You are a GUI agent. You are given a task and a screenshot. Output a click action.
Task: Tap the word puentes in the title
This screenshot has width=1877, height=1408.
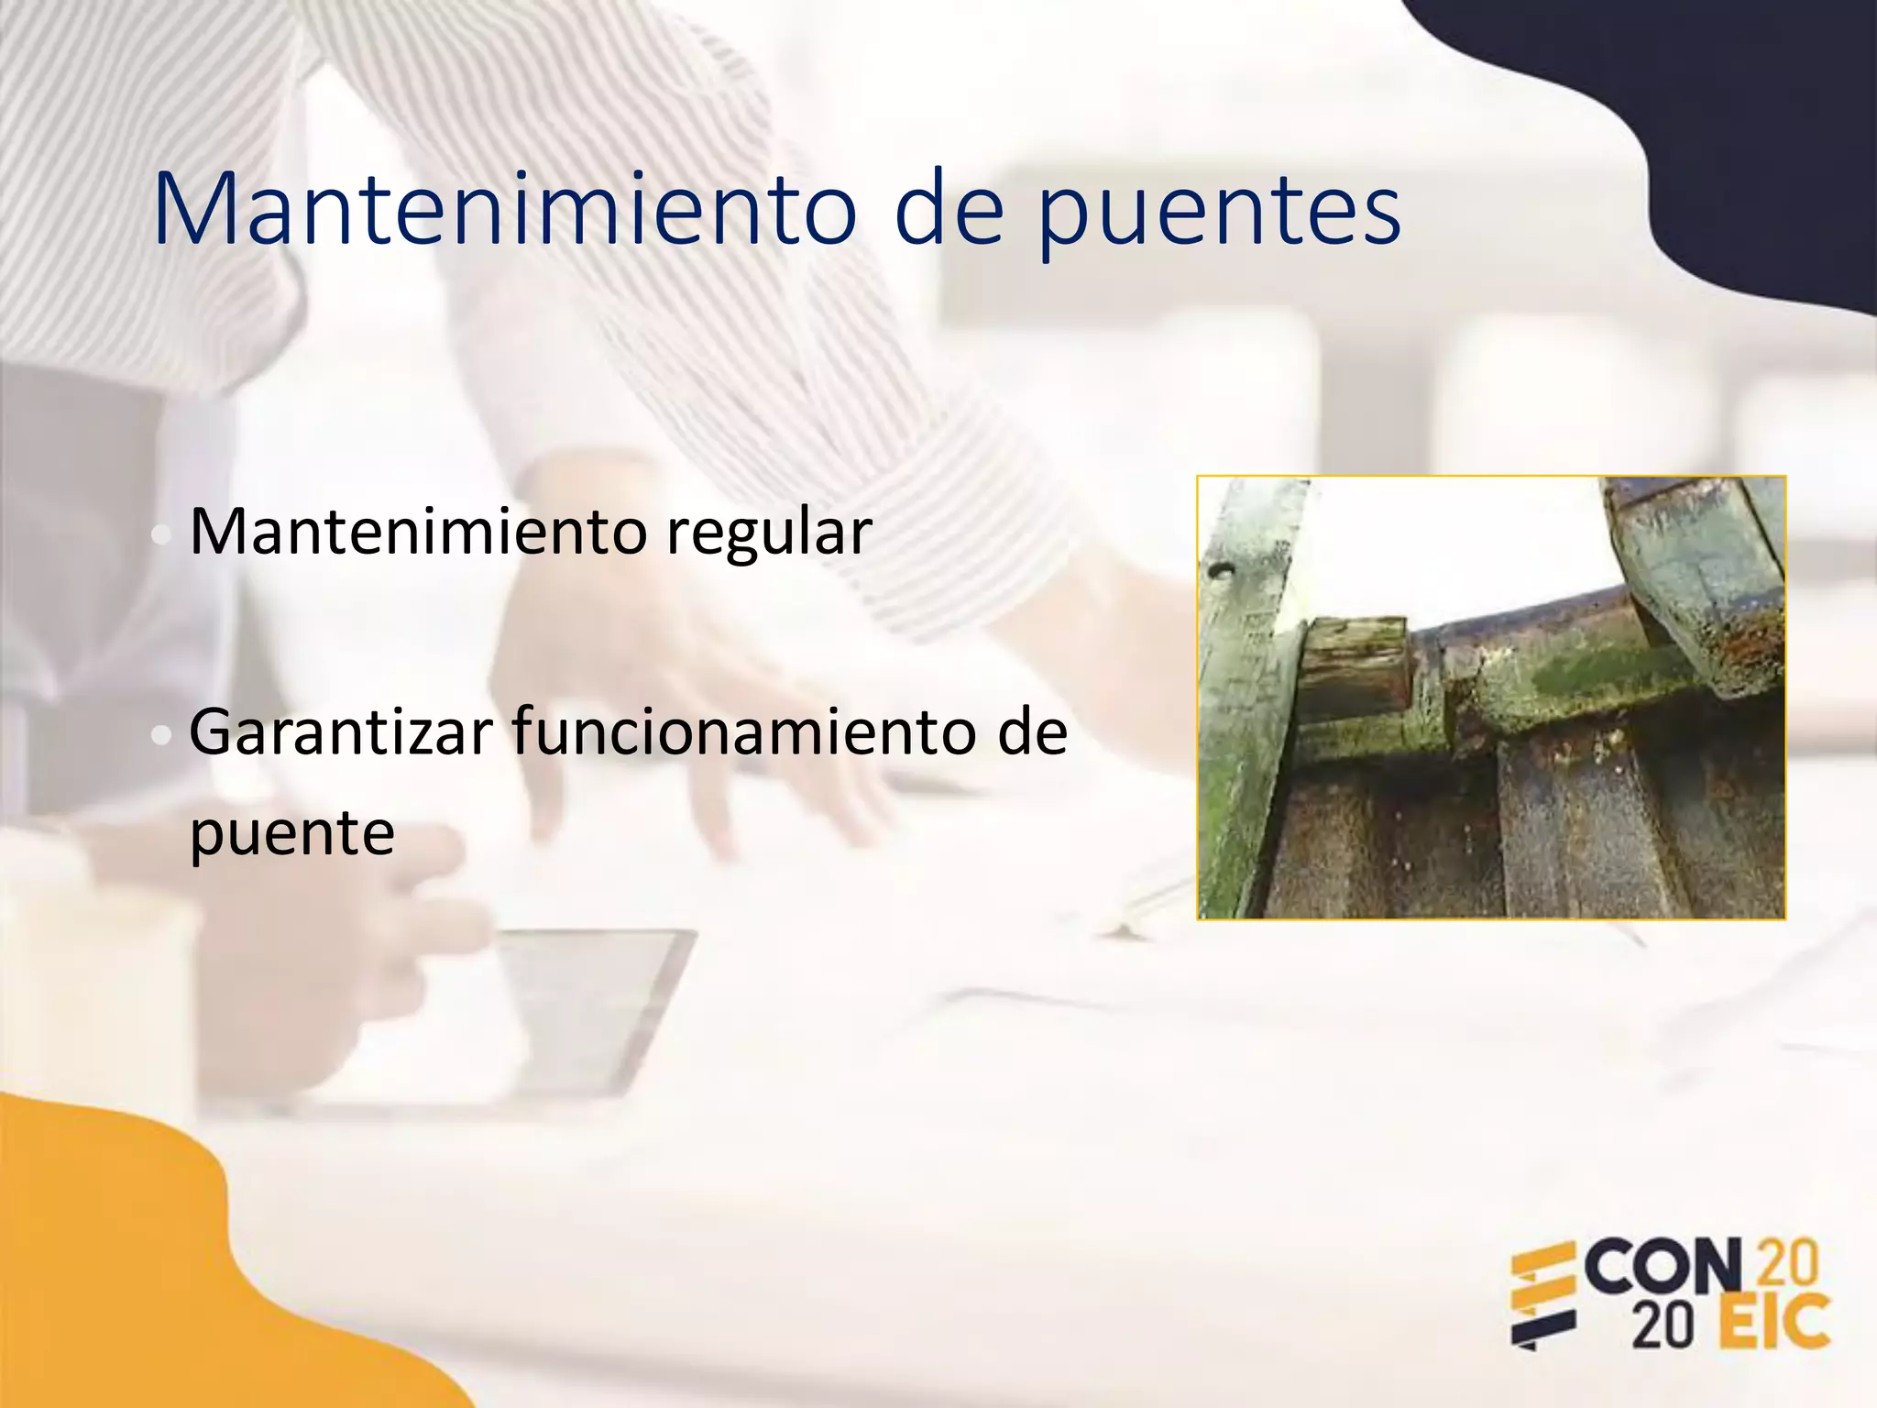(x=1219, y=215)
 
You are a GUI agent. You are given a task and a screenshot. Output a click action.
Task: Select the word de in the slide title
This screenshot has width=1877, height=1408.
(x=949, y=211)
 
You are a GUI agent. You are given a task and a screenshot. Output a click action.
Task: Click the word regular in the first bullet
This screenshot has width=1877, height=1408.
(x=768, y=533)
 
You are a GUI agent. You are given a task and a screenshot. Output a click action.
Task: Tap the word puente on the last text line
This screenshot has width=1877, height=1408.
(x=291, y=834)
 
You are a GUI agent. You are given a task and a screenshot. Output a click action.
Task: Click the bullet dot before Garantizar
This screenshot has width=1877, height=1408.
(x=161, y=736)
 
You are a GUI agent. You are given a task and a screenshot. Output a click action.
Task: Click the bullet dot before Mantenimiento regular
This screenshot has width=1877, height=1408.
(x=161, y=536)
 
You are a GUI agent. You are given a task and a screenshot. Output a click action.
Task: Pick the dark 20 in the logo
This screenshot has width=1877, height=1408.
(x=1661, y=1325)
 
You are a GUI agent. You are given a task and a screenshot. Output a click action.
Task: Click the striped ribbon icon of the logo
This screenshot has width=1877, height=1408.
(x=1543, y=1297)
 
